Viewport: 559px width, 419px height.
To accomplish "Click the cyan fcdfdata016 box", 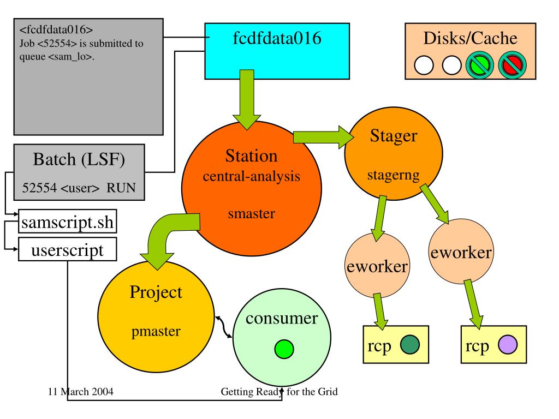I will click(276, 50).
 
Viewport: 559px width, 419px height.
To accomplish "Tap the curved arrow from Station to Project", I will click(164, 240).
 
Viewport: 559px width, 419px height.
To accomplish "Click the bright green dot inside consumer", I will click(284, 348).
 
